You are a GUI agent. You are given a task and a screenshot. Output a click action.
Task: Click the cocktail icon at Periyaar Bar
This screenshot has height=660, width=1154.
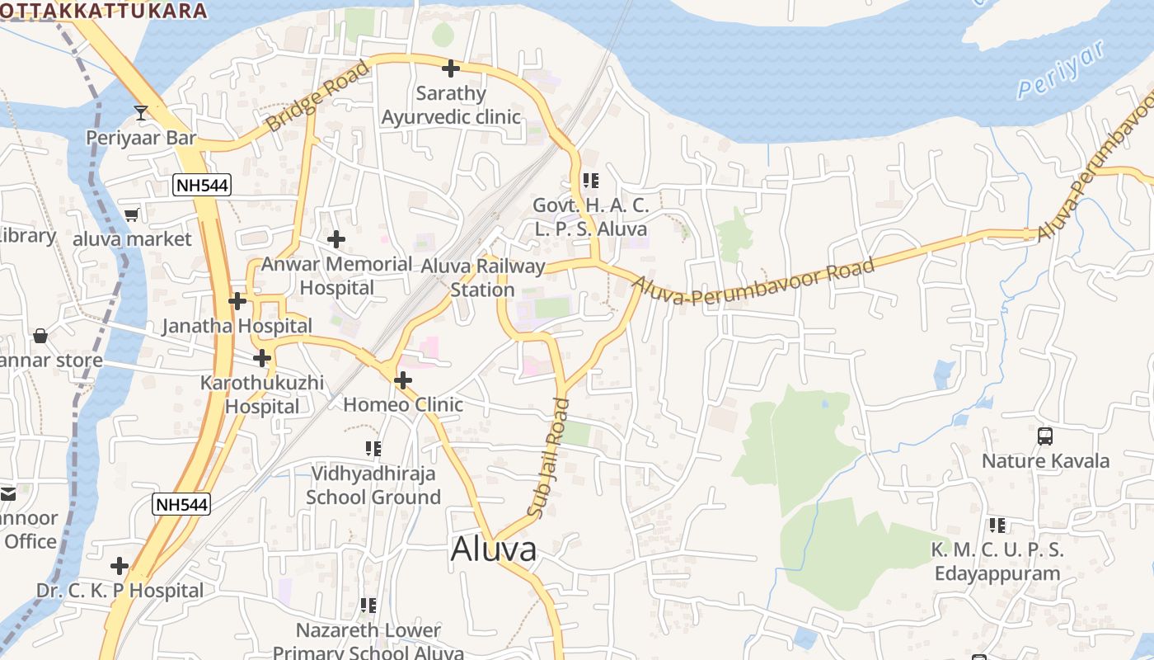point(141,112)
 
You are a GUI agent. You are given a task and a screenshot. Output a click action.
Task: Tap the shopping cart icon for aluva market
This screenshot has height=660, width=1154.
point(131,215)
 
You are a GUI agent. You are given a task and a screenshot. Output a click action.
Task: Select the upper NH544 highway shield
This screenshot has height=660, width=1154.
point(202,185)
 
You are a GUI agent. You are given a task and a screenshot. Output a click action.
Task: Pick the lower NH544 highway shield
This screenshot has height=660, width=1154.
point(181,503)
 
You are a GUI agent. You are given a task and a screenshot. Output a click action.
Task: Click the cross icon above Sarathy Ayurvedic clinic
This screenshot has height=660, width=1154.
point(450,68)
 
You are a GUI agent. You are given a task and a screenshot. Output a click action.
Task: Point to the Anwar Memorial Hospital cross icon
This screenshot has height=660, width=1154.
point(336,239)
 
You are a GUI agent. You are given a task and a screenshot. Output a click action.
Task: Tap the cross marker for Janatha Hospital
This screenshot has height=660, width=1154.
point(237,301)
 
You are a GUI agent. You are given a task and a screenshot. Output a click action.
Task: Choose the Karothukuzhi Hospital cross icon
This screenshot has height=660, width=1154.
point(262,358)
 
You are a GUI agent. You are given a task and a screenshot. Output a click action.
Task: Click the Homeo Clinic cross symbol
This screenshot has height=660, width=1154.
point(402,380)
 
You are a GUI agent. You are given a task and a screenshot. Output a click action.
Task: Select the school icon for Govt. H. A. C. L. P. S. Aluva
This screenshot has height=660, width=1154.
point(590,180)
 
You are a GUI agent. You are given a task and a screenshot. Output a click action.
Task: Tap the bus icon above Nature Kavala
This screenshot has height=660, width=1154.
point(1044,436)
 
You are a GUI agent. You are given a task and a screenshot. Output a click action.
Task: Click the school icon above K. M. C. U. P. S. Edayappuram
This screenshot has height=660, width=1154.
point(997,525)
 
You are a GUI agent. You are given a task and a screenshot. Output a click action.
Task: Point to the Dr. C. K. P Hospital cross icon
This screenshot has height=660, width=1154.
point(120,566)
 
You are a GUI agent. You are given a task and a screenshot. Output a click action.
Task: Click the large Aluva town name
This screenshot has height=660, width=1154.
point(494,549)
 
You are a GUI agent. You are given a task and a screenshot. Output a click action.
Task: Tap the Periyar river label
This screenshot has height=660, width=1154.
point(1060,69)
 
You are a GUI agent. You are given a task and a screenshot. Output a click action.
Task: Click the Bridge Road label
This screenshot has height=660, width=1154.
point(317,96)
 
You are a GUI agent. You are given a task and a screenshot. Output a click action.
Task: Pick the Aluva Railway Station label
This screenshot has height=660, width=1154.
point(483,278)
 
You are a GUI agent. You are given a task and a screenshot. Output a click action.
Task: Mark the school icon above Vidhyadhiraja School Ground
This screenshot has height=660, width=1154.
point(373,449)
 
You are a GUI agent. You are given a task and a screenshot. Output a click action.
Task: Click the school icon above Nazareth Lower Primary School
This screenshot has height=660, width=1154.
point(368,606)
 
